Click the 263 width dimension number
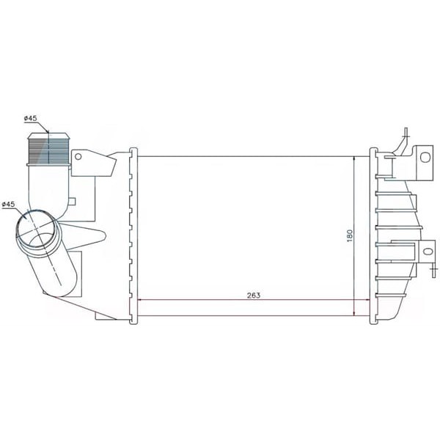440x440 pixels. pyautogui.click(x=254, y=296)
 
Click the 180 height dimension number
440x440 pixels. pyautogui.click(x=350, y=235)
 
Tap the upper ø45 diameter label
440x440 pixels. pyautogui.click(x=31, y=118)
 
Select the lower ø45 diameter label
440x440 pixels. pyautogui.click(x=8, y=205)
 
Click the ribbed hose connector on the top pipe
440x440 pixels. pyautogui.click(x=49, y=150)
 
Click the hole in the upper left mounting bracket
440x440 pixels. pyautogui.click(x=78, y=157)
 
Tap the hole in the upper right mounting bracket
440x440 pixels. pyautogui.click(x=425, y=157)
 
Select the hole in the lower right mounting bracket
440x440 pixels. pyautogui.click(x=428, y=251)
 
